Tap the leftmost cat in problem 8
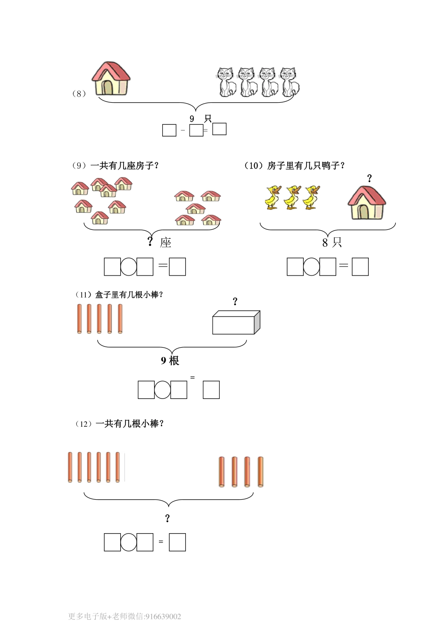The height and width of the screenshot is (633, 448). [226, 82]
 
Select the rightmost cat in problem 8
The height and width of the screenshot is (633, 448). [290, 82]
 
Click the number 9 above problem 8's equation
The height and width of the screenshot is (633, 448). [192, 119]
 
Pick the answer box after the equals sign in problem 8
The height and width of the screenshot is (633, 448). [219, 129]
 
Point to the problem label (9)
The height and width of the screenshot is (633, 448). [79, 166]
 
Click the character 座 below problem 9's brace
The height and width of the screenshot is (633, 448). [166, 243]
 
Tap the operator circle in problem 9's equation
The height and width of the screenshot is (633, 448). [129, 267]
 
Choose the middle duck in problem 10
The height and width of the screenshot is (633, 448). [292, 197]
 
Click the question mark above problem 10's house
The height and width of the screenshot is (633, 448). [369, 178]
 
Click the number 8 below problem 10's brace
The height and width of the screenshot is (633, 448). [325, 243]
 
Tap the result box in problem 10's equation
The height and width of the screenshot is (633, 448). [360, 267]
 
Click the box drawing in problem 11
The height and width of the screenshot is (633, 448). [236, 323]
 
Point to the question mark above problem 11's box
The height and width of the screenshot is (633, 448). [235, 301]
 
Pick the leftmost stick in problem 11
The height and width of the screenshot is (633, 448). [79, 319]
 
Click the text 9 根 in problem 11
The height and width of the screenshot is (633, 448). [170, 361]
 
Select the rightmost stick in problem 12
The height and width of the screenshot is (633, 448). [260, 471]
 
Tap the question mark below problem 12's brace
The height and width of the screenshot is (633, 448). [167, 519]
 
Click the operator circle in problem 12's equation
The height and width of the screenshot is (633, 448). [129, 542]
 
